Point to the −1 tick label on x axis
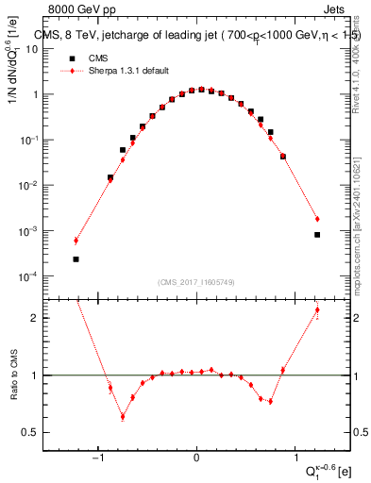98,458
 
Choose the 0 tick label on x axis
196,458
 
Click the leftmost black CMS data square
76,258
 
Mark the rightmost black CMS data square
317,235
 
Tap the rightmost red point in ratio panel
317,309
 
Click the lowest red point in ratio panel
122,416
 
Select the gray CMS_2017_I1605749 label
196,282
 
